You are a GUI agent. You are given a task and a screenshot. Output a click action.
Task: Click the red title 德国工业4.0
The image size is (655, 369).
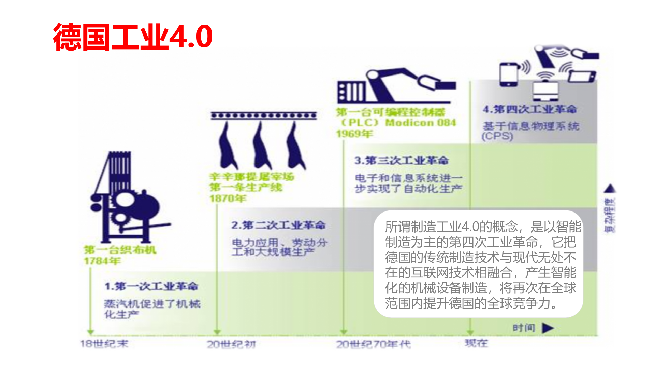133,37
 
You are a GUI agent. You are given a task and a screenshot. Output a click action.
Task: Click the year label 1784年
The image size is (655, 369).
102,261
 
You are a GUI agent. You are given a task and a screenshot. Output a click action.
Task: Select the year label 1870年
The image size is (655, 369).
228,198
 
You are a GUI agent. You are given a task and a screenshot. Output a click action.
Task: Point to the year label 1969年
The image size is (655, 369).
354,134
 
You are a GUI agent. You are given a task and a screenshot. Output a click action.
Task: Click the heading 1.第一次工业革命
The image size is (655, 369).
151,286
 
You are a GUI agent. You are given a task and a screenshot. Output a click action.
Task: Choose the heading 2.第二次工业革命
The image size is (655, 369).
278,225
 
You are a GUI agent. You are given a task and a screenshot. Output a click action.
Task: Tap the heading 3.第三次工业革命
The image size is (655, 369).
401,160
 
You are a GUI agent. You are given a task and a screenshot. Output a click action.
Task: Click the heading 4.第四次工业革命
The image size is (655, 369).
530,109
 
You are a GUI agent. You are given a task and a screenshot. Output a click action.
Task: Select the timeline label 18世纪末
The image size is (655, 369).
104,344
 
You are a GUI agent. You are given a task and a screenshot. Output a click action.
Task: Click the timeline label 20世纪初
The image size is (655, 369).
231,344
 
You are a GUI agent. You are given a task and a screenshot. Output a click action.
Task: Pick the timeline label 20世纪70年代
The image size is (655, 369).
374,344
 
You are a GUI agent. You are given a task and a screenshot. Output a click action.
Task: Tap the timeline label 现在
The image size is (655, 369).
476,343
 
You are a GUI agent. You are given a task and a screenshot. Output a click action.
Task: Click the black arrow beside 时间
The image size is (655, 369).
548,328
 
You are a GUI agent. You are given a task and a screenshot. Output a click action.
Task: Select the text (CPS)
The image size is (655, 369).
497,136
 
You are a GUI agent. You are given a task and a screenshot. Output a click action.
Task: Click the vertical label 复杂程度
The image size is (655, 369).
610,215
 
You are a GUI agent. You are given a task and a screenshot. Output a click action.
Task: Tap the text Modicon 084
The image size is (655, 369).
420,123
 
